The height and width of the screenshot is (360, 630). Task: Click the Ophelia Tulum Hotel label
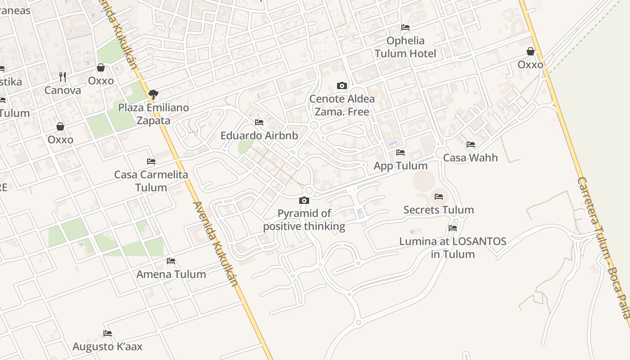(405, 47)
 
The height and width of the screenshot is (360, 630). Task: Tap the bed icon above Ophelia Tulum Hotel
(405, 27)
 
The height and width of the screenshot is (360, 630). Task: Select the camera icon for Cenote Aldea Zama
(342, 85)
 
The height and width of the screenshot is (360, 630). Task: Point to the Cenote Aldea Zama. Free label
(342, 105)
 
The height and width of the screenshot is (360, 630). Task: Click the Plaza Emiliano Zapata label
(153, 114)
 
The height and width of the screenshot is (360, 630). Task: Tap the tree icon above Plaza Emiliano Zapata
(153, 94)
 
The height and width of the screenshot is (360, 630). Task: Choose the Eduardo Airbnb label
(259, 135)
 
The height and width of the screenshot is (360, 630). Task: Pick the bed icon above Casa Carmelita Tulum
(151, 162)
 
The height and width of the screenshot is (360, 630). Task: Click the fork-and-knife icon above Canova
(63, 77)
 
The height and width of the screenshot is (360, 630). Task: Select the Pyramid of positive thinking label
(304, 220)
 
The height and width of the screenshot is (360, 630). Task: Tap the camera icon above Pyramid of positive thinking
(304, 201)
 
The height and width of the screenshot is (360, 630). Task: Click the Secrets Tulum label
(439, 210)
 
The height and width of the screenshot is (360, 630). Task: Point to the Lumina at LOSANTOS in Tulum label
(453, 247)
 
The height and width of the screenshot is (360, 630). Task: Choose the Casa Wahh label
(471, 157)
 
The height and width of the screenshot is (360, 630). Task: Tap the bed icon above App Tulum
(400, 153)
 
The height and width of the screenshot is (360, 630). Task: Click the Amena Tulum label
(171, 274)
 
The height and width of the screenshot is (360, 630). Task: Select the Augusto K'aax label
(108, 346)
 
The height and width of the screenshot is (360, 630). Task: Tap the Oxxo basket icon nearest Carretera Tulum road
(531, 51)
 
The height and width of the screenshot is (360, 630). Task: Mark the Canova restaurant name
(63, 90)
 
